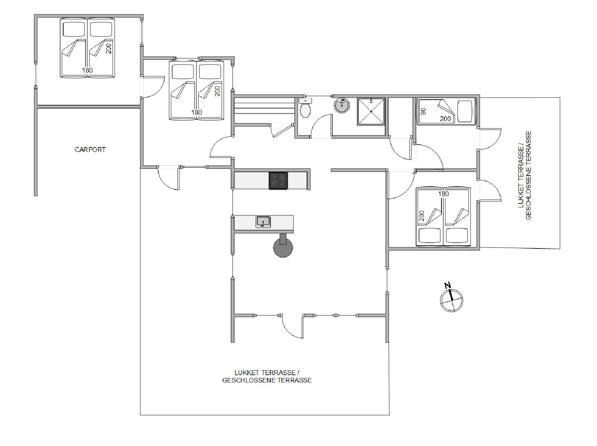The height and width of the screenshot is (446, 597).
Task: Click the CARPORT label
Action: click(x=90, y=149)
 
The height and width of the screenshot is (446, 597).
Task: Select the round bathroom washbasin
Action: click(x=342, y=105)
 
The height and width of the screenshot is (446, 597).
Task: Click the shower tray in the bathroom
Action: click(x=371, y=112)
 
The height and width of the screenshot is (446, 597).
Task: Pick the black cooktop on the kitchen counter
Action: click(x=278, y=181)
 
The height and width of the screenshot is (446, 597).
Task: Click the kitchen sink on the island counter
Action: click(x=263, y=222)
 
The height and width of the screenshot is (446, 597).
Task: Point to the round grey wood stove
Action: click(x=283, y=246)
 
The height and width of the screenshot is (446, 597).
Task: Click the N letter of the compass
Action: click(x=447, y=285)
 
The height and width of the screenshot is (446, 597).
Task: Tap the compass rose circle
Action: click(x=452, y=300)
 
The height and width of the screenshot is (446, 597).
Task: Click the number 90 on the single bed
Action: click(x=424, y=112)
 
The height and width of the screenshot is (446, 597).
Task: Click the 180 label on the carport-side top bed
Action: click(x=87, y=70)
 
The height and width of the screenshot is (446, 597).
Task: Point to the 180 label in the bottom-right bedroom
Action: click(x=444, y=194)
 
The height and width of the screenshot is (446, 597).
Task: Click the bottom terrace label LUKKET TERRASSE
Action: click(x=267, y=372)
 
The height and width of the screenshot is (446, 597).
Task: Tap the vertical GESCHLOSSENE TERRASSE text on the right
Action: click(x=529, y=175)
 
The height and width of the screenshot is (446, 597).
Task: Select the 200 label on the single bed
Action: click(x=445, y=119)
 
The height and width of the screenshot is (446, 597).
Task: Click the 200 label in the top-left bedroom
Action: click(x=109, y=48)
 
